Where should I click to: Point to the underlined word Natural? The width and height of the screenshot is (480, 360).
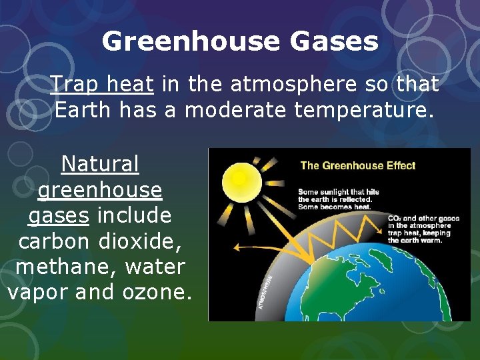point(100,164)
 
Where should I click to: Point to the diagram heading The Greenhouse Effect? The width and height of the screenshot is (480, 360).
point(357,166)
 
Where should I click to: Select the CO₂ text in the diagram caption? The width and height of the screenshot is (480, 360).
point(393,218)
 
